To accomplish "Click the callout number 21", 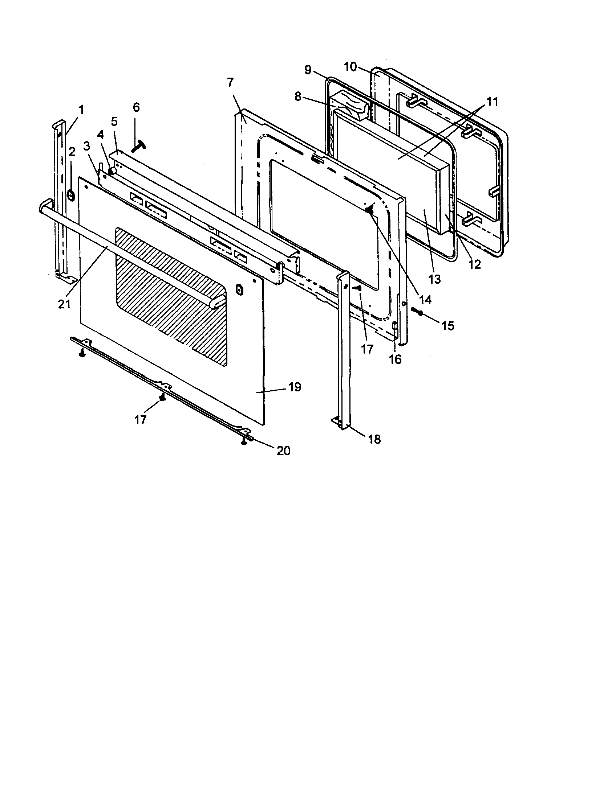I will [64, 304].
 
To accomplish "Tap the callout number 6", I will [136, 107].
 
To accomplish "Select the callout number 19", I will [295, 387].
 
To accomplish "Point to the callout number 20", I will [284, 451].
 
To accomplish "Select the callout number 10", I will [350, 67].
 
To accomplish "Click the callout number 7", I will [230, 83].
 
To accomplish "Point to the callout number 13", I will [434, 280].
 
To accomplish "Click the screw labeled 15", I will [417, 311].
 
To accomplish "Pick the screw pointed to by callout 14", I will [370, 209].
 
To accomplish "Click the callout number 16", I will [395, 359].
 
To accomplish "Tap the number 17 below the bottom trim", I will [140, 420].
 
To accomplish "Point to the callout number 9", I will [308, 69].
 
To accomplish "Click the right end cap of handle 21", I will [219, 302].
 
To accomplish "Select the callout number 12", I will [474, 264].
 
